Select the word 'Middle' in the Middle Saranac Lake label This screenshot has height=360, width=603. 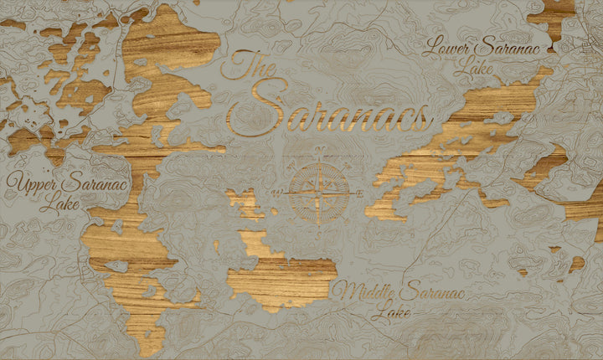point(363,293)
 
